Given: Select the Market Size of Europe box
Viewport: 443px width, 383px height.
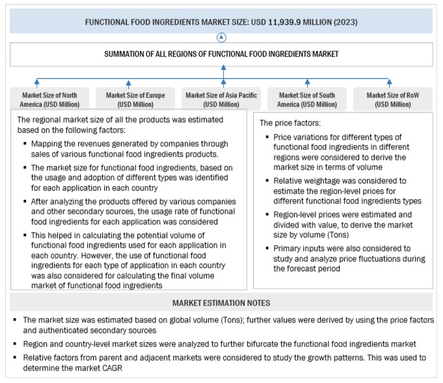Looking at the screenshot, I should point(135,99).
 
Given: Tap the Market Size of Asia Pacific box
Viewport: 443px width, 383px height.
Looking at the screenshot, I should point(221,99).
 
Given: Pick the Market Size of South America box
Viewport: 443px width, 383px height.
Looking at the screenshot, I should point(308,99).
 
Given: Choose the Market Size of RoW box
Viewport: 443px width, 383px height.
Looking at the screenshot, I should point(392,99).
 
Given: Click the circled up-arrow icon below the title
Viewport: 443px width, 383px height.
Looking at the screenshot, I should point(222,37).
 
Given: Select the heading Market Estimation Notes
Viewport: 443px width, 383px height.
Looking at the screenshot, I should point(221,303).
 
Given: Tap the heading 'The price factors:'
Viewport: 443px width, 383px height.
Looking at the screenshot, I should point(291,123).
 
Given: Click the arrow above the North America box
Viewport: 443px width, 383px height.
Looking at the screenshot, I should point(37,83).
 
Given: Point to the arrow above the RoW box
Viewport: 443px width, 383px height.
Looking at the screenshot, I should point(390,83).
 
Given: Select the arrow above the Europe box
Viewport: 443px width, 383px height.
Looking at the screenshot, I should point(128,83).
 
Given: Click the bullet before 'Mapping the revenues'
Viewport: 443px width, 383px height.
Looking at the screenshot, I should point(25,143).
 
